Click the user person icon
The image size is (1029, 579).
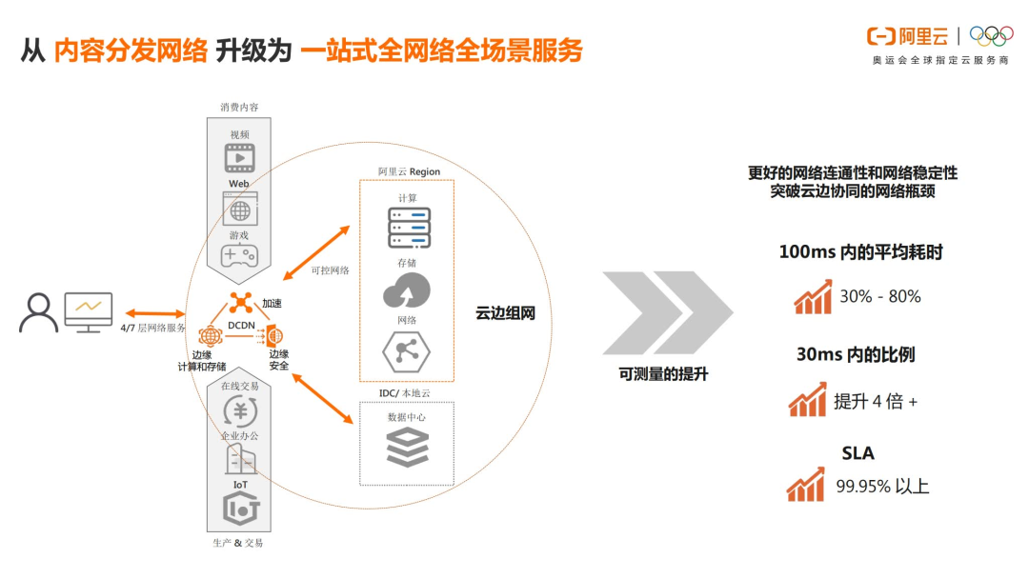(x=39, y=312)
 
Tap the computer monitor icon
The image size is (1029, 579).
(x=89, y=311)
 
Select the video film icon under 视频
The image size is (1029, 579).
(x=239, y=158)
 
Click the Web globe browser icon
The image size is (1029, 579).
(x=239, y=208)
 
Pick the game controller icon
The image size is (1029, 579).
(x=239, y=255)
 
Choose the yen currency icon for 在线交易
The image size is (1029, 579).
(x=238, y=410)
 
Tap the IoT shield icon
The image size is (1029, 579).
(x=240, y=509)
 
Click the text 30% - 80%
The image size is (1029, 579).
(x=879, y=296)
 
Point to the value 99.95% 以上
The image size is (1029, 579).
(x=882, y=486)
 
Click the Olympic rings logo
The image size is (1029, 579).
(x=991, y=35)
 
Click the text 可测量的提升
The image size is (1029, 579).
(x=663, y=374)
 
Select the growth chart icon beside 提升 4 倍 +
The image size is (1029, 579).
(x=807, y=399)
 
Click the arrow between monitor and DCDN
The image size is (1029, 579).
(x=153, y=311)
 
